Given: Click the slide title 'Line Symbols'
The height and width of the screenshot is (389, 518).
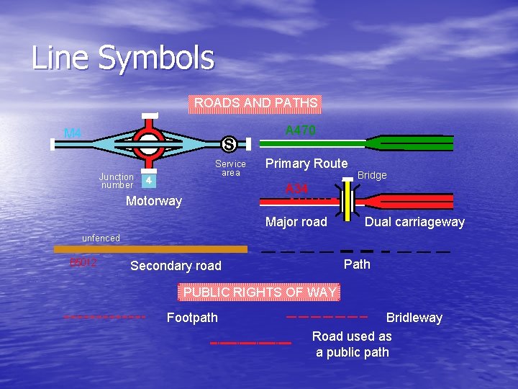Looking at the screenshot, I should click(122, 58).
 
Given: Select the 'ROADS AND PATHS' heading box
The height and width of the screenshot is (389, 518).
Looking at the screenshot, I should click(255, 103).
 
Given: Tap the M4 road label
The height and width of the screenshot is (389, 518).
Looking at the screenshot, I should click(73, 133).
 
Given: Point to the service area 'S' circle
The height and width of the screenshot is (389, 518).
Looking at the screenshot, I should click(228, 144).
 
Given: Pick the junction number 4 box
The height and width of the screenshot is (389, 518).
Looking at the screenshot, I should click(147, 180).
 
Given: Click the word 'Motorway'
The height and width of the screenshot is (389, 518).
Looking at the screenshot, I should click(154, 201).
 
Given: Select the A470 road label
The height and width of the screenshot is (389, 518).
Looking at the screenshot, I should click(300, 130).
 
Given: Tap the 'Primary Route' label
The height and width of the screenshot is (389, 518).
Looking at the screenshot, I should click(306, 164).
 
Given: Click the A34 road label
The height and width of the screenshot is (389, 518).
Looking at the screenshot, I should click(296, 189).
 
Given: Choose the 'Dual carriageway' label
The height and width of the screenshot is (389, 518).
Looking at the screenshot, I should click(414, 222).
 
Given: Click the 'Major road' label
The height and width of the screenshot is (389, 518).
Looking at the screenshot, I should click(296, 222).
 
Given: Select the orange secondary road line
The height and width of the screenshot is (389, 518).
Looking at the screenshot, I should click(150, 249).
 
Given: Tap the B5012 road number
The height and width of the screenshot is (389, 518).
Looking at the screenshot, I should click(83, 262).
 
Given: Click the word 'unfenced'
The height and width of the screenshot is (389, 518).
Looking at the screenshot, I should click(101, 238).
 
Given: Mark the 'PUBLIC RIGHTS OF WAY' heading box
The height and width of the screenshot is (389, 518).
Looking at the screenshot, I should click(259, 292).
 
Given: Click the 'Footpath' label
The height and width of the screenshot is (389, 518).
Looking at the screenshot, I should click(192, 318).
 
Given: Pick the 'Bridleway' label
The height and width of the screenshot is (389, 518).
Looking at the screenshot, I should click(414, 318).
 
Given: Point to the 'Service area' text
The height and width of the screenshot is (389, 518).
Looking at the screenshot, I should click(230, 168).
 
